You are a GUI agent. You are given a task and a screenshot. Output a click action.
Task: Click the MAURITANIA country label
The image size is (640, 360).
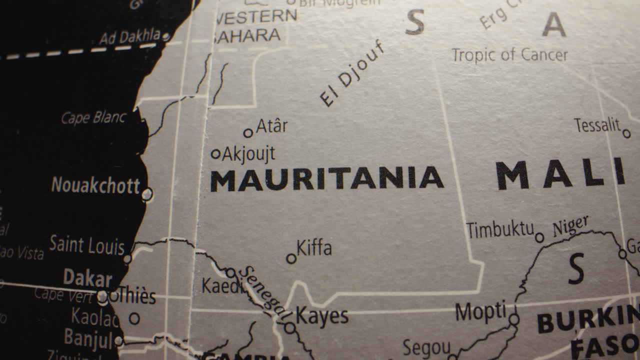coord(326,179)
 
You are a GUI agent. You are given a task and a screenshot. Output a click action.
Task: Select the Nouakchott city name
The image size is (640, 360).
coord(95,186)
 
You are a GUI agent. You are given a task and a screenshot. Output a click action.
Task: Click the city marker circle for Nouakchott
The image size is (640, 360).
coord(147,194)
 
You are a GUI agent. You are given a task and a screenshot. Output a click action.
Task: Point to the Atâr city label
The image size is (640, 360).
coord(271,126)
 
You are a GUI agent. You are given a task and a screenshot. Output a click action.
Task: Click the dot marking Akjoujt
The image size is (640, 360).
coord(216,154)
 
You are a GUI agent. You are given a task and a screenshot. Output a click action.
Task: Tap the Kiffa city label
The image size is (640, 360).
coord(314,248)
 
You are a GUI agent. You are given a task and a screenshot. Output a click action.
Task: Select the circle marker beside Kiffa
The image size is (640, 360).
coord(291,258)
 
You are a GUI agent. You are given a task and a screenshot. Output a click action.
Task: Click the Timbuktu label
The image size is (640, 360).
coord(500,230)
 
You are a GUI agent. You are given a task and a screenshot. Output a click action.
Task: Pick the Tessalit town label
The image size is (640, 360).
coord(597,125)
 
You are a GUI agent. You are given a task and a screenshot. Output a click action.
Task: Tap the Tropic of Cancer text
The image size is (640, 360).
coord(509,54)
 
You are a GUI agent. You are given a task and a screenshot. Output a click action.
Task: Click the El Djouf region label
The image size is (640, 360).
coord(352,74)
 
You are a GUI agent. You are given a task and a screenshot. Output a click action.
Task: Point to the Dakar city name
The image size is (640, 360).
coord(87,278)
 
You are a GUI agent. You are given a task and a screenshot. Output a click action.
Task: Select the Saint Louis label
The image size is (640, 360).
coord(86,245)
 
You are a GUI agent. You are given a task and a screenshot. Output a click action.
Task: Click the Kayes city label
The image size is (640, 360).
coord(322,316)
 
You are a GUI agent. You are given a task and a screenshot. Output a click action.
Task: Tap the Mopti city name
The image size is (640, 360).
coord(480,312)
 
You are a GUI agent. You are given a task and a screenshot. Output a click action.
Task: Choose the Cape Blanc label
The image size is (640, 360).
coord(93,118)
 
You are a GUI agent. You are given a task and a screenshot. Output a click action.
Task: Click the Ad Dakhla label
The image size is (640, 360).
coord(129,37)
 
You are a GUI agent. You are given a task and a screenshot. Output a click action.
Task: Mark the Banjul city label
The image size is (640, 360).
coord(88,338)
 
